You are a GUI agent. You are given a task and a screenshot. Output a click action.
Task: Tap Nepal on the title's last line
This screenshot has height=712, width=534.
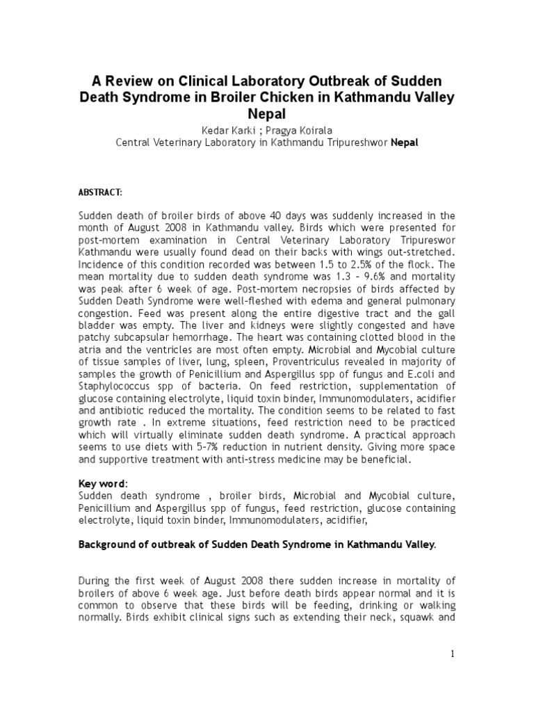(267, 114)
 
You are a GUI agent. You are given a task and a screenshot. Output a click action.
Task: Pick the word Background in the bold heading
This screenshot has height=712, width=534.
(109, 545)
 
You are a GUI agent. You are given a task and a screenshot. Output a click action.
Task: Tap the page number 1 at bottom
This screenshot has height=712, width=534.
(451, 654)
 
